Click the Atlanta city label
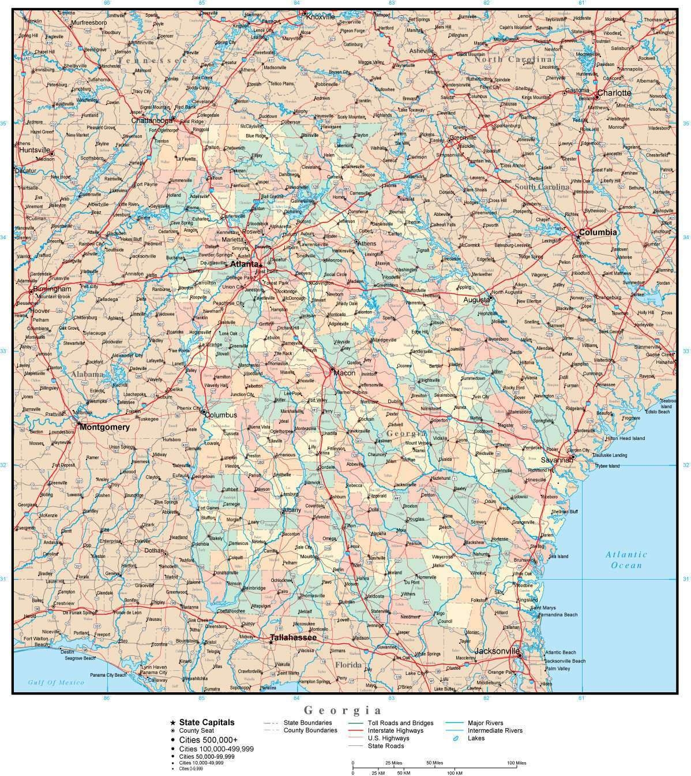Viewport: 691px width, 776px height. [x=244, y=264]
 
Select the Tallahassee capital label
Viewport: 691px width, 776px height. [x=293, y=637]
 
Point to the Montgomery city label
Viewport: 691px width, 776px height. [x=104, y=427]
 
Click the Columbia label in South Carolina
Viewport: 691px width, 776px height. [x=598, y=232]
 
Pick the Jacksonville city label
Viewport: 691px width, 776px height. [x=497, y=651]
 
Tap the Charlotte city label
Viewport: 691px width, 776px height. [x=614, y=92]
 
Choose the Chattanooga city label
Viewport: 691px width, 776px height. [x=152, y=121]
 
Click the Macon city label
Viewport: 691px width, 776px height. [x=344, y=373]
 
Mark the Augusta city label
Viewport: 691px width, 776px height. [x=476, y=300]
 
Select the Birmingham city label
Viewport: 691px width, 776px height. [x=52, y=289]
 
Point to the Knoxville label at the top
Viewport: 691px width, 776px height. [x=320, y=17]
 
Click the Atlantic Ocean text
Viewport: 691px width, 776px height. [x=626, y=559]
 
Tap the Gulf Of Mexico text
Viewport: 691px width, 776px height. [x=57, y=682]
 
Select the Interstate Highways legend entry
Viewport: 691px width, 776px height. [x=395, y=730]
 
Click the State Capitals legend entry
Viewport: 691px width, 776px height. [x=206, y=722]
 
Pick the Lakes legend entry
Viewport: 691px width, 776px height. [x=476, y=738]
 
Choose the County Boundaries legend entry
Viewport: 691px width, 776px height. [x=310, y=730]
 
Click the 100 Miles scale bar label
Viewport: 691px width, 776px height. [x=516, y=763]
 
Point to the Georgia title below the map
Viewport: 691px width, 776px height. [x=343, y=710]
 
